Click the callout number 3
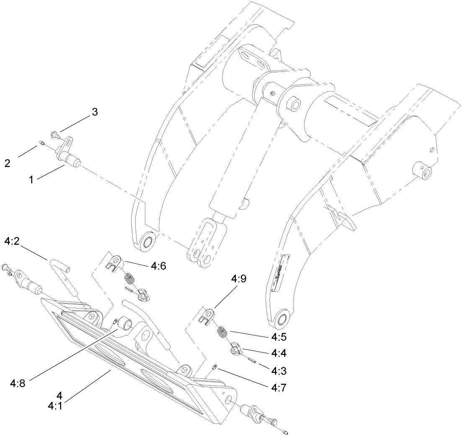[95, 112]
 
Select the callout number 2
[8, 163]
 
